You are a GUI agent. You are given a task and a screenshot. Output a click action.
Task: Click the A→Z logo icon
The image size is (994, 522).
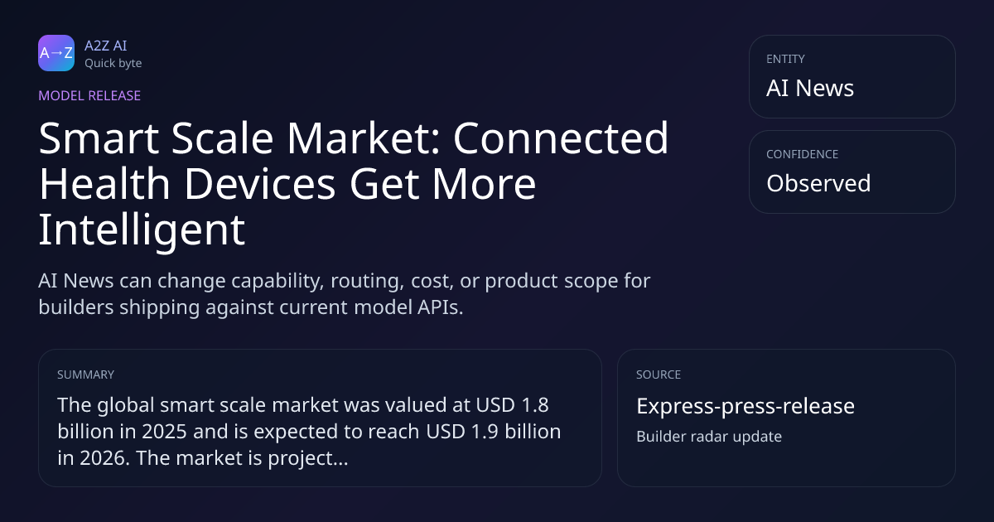pyautogui.click(x=56, y=53)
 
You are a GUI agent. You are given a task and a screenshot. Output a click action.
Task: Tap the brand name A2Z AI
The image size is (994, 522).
pyautogui.click(x=106, y=46)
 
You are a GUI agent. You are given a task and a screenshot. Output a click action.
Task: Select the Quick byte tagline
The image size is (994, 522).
pyautogui.click(x=113, y=64)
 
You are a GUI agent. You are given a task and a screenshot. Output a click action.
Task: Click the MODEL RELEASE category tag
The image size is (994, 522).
pyautogui.click(x=89, y=95)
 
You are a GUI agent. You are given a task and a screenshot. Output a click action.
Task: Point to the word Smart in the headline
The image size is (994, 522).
pyautogui.click(x=99, y=138)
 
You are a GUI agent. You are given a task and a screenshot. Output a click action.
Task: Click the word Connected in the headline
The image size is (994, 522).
pyautogui.click(x=561, y=138)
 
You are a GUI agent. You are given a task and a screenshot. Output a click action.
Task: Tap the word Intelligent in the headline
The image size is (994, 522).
pyautogui.click(x=142, y=230)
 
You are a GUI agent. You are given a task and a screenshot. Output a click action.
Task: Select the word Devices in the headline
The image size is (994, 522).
pyautogui.click(x=259, y=184)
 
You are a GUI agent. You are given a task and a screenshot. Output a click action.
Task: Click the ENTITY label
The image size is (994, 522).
pyautogui.click(x=785, y=59)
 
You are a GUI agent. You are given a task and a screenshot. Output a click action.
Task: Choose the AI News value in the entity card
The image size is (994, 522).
pyautogui.click(x=810, y=88)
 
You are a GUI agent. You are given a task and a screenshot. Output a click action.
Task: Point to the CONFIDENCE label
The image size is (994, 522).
pyautogui.click(x=803, y=154)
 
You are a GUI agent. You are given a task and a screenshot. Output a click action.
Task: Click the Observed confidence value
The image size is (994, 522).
pyautogui.click(x=818, y=183)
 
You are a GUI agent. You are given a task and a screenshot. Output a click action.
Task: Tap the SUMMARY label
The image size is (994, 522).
pyautogui.click(x=85, y=375)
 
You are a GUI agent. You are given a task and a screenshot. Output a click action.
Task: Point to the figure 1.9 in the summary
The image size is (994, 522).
pyautogui.click(x=485, y=432)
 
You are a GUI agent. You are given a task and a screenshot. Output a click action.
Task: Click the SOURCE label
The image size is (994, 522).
pyautogui.click(x=659, y=375)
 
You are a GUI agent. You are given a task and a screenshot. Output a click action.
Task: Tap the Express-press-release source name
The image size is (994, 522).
pyautogui.click(x=745, y=406)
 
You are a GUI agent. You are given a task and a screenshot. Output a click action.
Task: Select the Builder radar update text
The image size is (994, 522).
pyautogui.click(x=709, y=437)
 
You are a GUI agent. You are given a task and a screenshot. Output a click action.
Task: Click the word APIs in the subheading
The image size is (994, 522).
pyautogui.click(x=440, y=307)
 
